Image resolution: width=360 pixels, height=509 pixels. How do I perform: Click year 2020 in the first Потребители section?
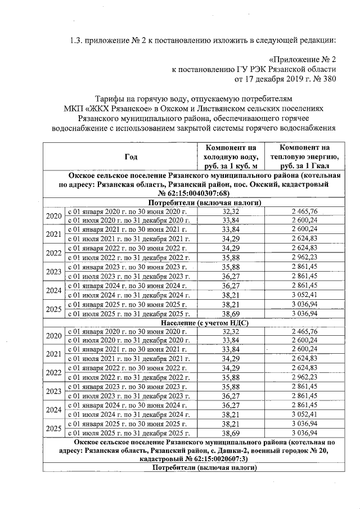coord(53,217)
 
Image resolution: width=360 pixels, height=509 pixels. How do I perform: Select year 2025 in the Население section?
coord(53,429)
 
